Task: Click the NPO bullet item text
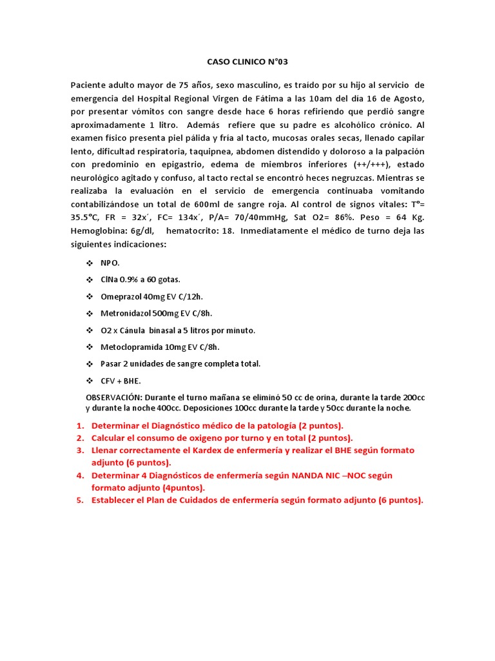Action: click(110, 263)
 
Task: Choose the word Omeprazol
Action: click(123, 296)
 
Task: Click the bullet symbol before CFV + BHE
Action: click(90, 380)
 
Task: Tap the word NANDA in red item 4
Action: click(313, 475)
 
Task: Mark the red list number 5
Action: click(80, 500)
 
